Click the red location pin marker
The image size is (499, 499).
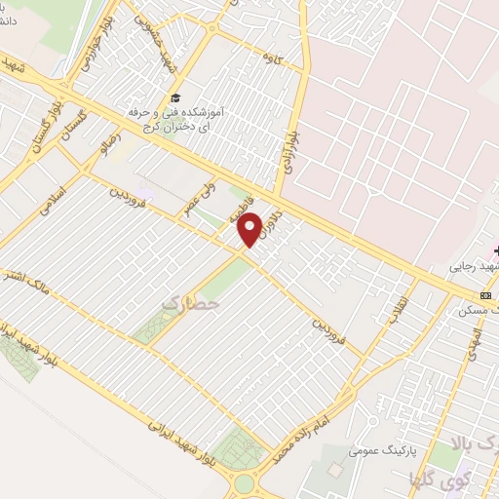pos(251,229)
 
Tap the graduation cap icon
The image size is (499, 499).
pos(175,97)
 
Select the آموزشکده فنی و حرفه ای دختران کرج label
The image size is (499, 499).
pos(175,120)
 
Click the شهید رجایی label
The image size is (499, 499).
pos(473,265)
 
